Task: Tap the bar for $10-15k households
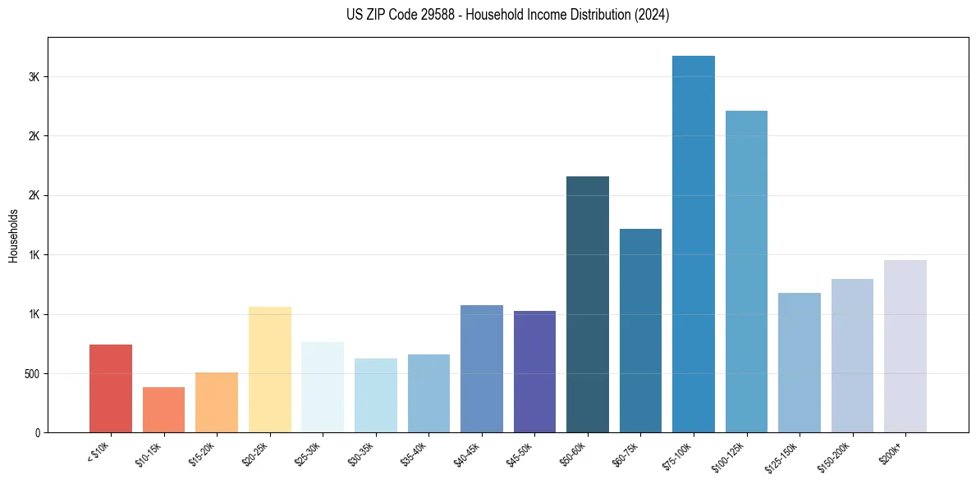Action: (163, 409)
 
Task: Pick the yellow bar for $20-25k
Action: (269, 369)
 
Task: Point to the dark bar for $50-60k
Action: (587, 304)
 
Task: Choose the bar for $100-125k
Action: (746, 272)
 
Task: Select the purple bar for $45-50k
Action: (534, 372)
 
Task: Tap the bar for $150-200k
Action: (852, 355)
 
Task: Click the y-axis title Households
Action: (13, 235)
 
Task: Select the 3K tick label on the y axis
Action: (35, 76)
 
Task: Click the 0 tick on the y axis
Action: (39, 432)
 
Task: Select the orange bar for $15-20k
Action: (217, 402)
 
